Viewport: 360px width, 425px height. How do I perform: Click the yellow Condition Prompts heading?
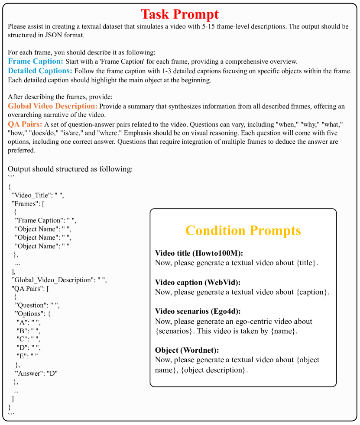243,230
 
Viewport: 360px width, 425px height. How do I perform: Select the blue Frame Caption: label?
36,61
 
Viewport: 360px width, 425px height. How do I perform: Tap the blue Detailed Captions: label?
40,71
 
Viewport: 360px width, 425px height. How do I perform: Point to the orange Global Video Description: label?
52,106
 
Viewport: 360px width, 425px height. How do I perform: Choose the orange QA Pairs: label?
25,124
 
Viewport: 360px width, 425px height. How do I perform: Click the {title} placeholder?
307,263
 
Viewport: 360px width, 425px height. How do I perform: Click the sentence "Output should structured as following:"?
70,169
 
